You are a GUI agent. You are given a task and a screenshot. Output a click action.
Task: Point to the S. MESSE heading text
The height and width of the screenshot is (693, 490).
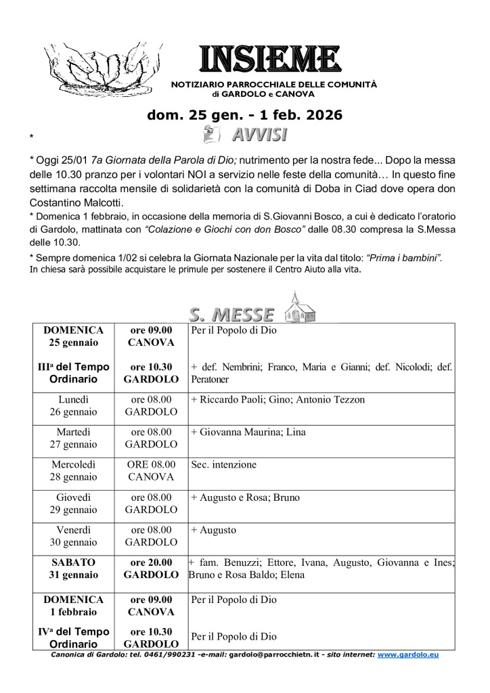(x=231, y=315)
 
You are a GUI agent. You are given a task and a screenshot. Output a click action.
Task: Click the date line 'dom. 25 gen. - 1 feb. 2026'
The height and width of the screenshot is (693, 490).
(x=244, y=115)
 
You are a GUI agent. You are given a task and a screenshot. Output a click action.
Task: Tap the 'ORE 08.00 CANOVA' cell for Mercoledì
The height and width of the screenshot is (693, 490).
(x=151, y=470)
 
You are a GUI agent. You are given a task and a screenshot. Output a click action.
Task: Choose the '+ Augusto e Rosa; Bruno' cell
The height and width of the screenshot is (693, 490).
(x=246, y=497)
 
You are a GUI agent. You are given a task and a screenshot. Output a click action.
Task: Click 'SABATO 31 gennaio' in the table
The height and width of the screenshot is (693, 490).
(x=74, y=568)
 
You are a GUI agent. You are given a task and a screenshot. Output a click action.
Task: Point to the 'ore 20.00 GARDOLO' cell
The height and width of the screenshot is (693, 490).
(x=151, y=568)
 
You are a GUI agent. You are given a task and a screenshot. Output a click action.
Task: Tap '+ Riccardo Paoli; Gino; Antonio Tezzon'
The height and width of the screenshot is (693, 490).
(x=277, y=400)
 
